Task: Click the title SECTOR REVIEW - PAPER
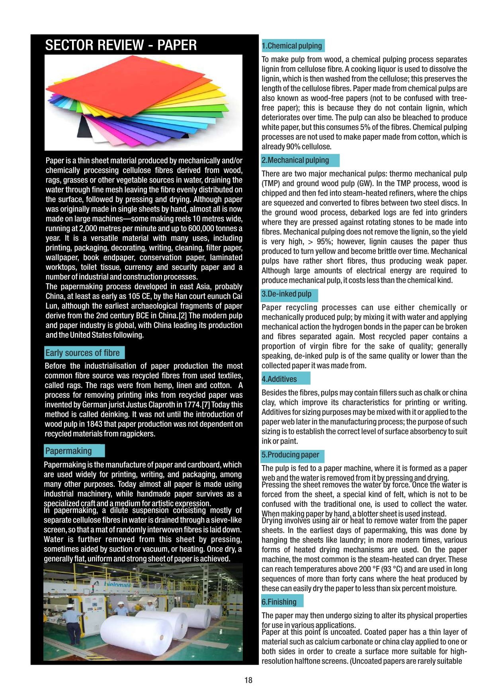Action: [x=121, y=45]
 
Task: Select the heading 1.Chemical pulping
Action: [x=292, y=46]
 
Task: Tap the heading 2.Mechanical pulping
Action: [x=295, y=160]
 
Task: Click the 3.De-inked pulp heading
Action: [x=287, y=294]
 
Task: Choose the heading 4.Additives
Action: [x=279, y=379]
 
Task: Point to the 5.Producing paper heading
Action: [x=291, y=455]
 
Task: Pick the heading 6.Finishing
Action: [x=279, y=602]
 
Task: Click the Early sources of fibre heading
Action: [x=82, y=353]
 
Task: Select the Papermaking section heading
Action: [x=68, y=451]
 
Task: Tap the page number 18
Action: [x=248, y=680]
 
